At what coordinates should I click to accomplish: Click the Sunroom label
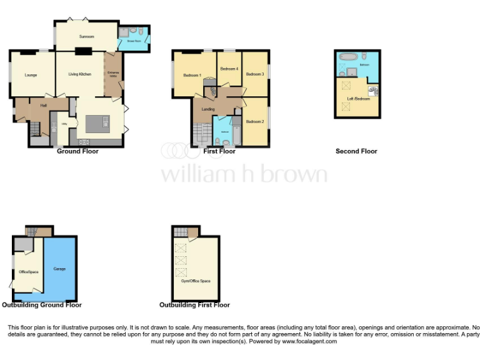(86, 37)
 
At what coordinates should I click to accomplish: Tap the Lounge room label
(31, 76)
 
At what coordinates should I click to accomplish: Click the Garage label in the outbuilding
(59, 269)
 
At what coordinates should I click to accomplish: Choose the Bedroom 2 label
(254, 121)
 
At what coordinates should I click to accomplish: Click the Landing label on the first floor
(208, 109)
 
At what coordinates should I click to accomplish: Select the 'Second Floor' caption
(356, 151)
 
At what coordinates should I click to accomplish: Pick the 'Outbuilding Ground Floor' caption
(42, 305)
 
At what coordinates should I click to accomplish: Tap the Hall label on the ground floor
(44, 105)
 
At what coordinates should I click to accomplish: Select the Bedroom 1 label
(192, 76)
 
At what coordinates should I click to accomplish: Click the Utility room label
(64, 124)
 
